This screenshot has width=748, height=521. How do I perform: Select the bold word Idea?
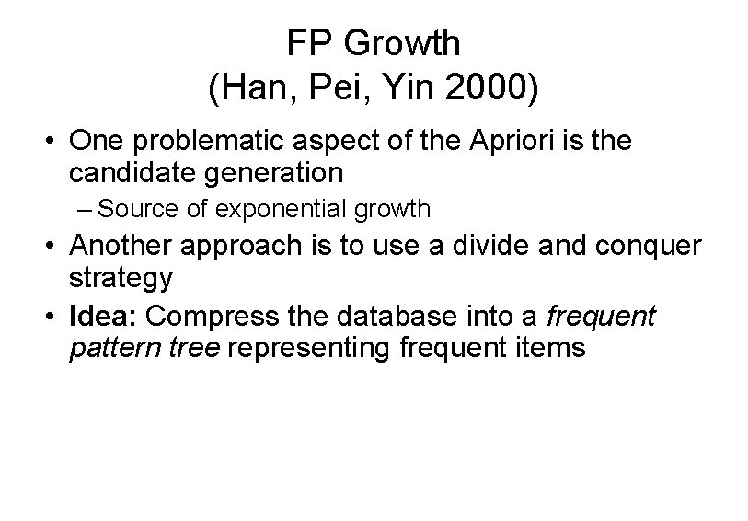[102, 317]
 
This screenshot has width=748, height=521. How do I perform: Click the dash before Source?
[85, 210]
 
